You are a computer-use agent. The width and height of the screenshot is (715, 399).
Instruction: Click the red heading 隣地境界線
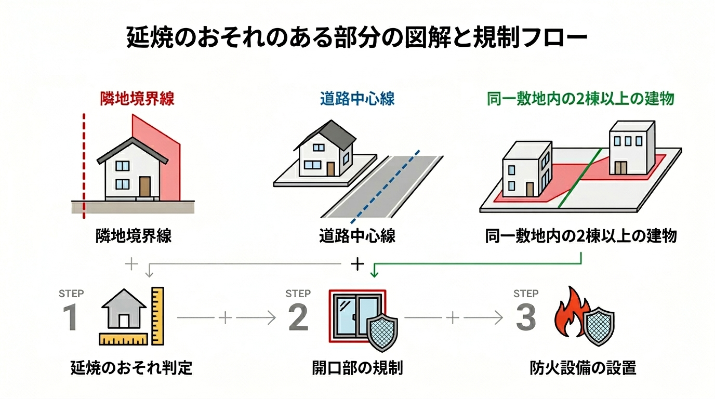coord(137,99)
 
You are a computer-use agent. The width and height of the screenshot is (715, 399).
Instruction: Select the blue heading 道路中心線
coord(357,99)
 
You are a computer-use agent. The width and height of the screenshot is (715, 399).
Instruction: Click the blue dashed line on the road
coord(387,184)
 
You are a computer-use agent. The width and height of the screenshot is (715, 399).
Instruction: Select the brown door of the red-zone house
coord(144,186)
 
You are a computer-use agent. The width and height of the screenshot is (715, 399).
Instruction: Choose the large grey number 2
coord(298,318)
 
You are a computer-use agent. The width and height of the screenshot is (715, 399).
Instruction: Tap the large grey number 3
coord(525,318)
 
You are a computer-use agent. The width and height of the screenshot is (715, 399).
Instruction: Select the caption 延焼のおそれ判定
coord(131,368)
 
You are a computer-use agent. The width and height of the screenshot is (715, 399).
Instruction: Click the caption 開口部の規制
coord(357,368)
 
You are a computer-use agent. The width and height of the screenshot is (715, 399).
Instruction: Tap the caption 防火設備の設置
coord(583,368)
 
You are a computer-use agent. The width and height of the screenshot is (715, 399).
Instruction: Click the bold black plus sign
coord(357,264)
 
